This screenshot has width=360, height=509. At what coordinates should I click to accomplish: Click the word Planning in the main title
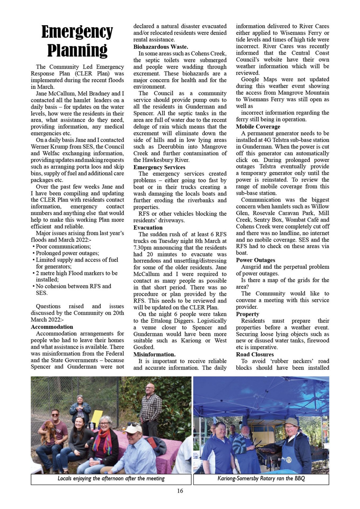click(x=77, y=50)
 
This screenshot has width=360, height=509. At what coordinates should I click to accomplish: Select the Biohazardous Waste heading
click(x=161, y=47)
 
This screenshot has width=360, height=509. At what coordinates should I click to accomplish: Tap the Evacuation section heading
click(x=148, y=227)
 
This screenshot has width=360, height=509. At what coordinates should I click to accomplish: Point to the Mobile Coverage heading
click(x=258, y=127)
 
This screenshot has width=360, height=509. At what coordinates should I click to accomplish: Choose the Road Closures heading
click(x=255, y=354)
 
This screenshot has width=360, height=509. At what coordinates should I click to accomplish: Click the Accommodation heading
click(x=52, y=327)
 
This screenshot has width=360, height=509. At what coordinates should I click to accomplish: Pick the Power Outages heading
click(x=256, y=260)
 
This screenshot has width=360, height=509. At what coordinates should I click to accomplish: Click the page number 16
click(x=180, y=491)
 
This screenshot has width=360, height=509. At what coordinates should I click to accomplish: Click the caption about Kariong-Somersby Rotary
click(x=261, y=479)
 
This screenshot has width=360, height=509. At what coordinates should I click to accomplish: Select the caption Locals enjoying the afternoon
click(x=111, y=479)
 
